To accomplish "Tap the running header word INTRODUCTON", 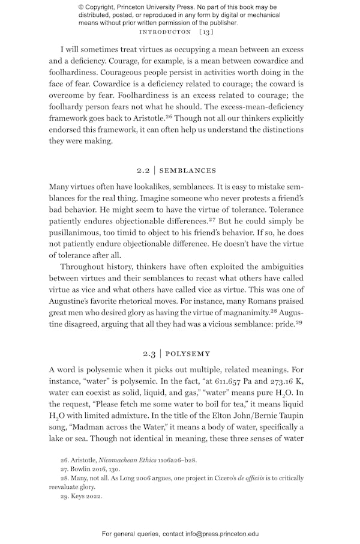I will [x=164, y=31].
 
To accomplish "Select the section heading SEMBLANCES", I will [x=188, y=171].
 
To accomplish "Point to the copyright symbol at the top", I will [x=81, y=7].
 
